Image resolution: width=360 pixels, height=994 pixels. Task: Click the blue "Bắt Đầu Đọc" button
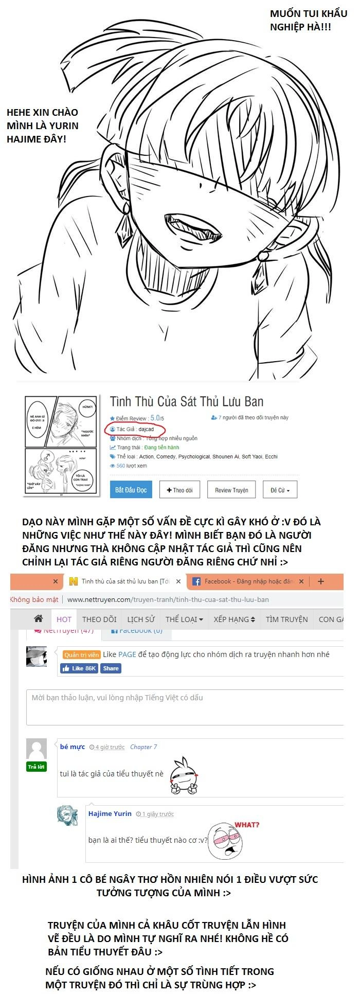tap(131, 490)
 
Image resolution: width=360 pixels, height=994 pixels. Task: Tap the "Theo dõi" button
tap(179, 490)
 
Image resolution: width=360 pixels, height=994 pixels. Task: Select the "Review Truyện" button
tap(231, 490)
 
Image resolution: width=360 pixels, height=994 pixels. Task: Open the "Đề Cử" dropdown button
tap(280, 490)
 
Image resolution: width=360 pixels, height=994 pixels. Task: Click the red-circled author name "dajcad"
tap(146, 429)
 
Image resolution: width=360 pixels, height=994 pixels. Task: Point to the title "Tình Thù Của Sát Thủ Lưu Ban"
tap(187, 402)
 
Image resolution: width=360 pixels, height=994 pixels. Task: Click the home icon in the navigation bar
tap(38, 618)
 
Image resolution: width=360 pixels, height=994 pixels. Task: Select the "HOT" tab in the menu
tap(64, 619)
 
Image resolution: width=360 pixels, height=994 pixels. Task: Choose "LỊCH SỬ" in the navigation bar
tap(141, 619)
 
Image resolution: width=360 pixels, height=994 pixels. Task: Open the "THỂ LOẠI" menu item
tap(184, 619)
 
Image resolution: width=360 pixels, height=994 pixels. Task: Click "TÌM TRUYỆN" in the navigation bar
tap(286, 619)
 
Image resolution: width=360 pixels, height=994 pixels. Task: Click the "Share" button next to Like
tap(111, 668)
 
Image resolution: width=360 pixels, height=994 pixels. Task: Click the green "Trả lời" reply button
tap(37, 767)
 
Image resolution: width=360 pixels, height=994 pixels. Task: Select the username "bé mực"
tap(72, 747)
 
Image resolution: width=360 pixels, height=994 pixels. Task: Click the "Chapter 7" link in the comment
tap(143, 747)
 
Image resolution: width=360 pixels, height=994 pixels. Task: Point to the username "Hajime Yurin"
tap(110, 813)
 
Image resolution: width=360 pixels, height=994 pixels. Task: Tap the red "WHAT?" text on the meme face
tap(247, 825)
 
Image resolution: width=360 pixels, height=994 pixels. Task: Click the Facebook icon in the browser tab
tap(196, 581)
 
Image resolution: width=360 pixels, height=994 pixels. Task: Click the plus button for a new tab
tap(321, 581)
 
